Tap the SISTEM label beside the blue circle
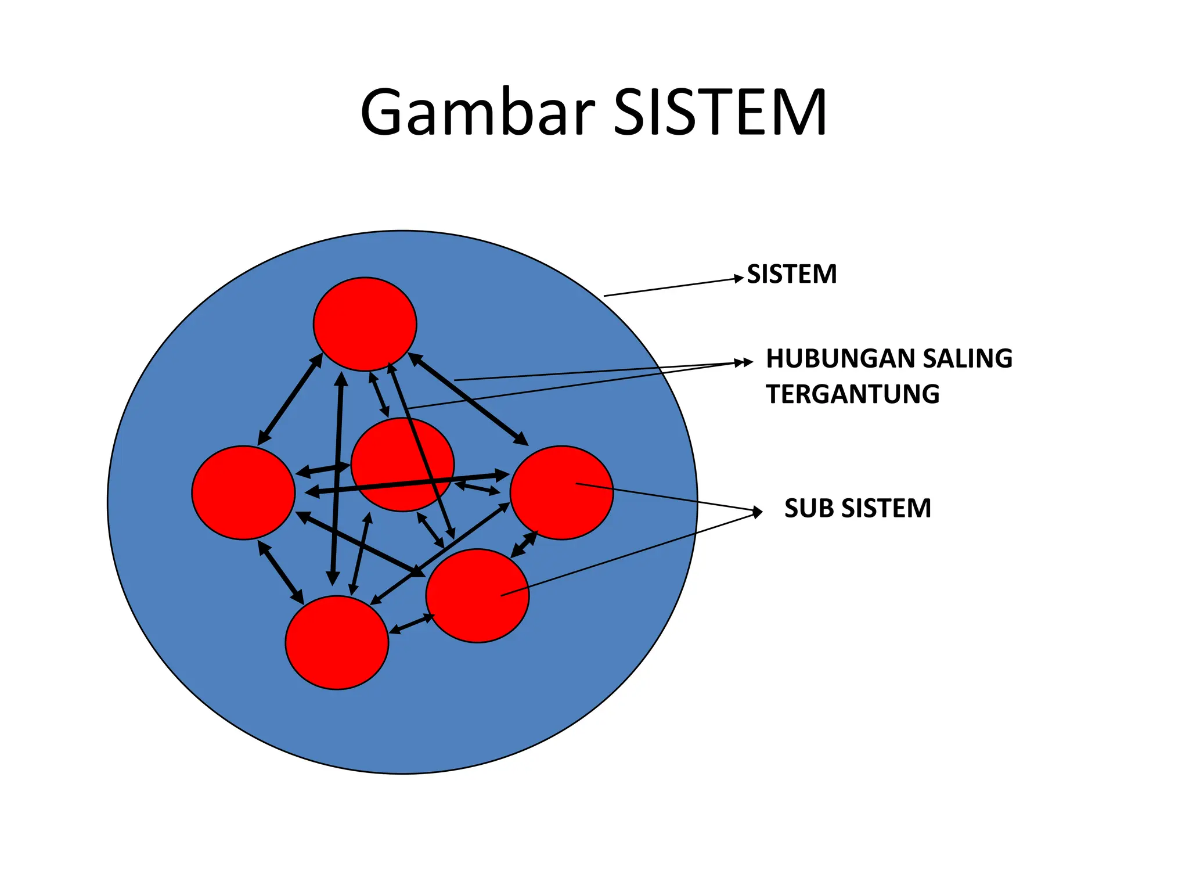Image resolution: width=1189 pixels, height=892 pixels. [x=791, y=274]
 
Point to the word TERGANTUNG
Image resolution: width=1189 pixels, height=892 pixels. [x=852, y=394]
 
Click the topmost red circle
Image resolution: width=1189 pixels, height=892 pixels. [x=365, y=323]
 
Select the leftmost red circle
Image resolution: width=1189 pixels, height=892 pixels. [x=243, y=492]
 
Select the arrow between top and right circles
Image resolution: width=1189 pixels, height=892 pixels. [x=468, y=398]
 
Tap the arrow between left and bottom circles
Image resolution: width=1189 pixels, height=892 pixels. [x=281, y=572]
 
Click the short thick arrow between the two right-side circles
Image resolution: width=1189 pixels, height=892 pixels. [x=524, y=544]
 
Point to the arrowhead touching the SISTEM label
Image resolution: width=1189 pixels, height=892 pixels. [x=739, y=279]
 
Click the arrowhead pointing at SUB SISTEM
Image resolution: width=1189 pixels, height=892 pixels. [x=758, y=512]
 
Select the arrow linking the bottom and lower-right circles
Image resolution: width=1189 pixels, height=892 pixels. [x=412, y=624]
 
